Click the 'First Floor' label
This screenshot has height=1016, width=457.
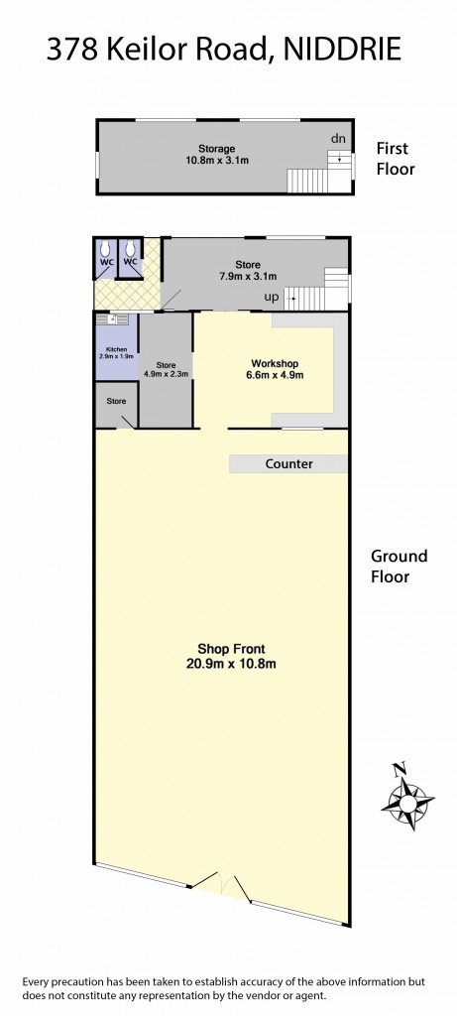[395, 159]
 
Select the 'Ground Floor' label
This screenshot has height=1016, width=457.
[399, 566]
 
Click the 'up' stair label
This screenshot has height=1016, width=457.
[270, 296]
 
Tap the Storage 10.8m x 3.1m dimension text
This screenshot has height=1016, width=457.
[215, 160]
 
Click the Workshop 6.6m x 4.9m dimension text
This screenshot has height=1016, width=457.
[276, 375]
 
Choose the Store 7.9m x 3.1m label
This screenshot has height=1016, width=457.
[248, 270]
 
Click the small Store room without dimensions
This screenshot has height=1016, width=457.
[117, 402]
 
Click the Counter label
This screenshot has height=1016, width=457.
[288, 463]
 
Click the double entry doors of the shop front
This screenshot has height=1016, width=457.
[220, 885]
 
